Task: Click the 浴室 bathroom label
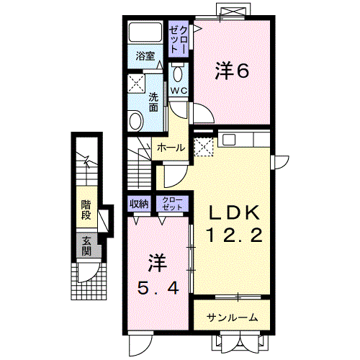(x=146, y=55)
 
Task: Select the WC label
(x=179, y=91)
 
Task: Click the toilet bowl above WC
(x=179, y=73)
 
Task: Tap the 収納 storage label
(x=138, y=204)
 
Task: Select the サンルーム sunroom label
(x=233, y=318)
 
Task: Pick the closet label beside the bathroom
(x=177, y=37)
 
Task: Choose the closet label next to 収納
(x=172, y=203)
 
